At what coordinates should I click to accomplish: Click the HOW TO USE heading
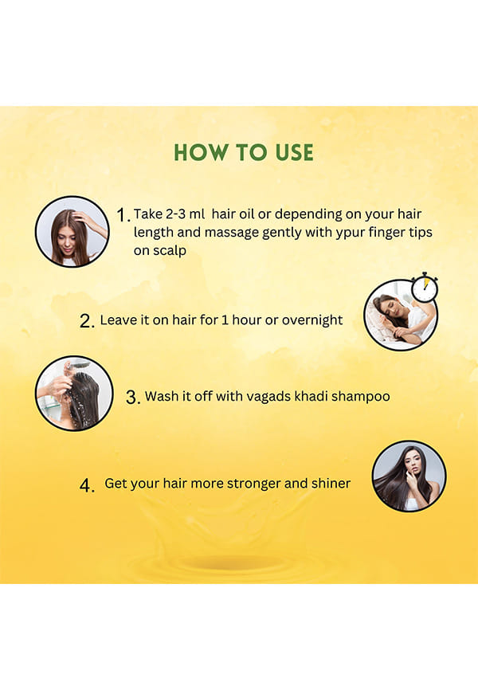[x=244, y=153]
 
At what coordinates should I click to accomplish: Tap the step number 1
[x=123, y=215]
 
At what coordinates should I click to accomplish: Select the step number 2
[x=87, y=321]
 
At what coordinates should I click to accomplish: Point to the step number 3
[x=133, y=397]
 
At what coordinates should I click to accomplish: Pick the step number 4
[x=87, y=486]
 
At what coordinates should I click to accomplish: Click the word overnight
[x=312, y=320]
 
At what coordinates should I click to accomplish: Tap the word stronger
[x=253, y=484]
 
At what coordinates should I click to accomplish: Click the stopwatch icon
[x=425, y=288]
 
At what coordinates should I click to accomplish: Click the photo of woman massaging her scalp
[x=72, y=232]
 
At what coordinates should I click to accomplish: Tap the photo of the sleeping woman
[x=401, y=315]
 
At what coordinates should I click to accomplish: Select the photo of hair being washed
[x=74, y=393]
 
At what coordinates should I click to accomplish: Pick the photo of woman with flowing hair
[x=409, y=476]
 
